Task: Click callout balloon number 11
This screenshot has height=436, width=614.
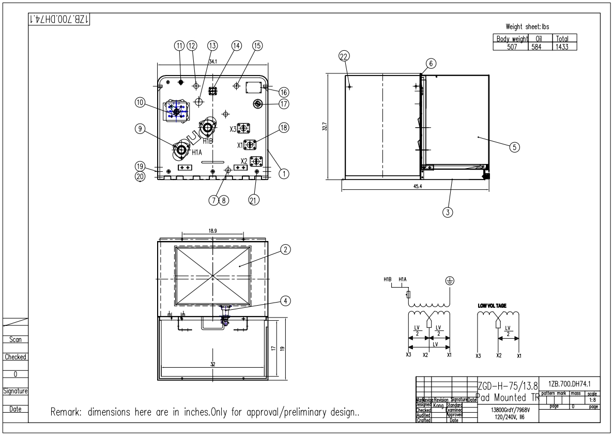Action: pos(179,45)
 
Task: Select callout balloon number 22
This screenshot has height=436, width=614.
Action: pos(343,57)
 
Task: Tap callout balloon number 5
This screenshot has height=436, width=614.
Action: pos(514,146)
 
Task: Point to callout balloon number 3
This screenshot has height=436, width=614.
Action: pos(448,211)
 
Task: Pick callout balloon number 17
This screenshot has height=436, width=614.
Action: pos(283,104)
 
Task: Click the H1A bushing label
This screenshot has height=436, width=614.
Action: pos(196,153)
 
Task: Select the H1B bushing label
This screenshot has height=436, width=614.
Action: pos(208,141)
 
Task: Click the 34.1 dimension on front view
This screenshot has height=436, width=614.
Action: pos(212,62)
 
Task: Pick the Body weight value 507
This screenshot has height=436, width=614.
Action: pos(511,46)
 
